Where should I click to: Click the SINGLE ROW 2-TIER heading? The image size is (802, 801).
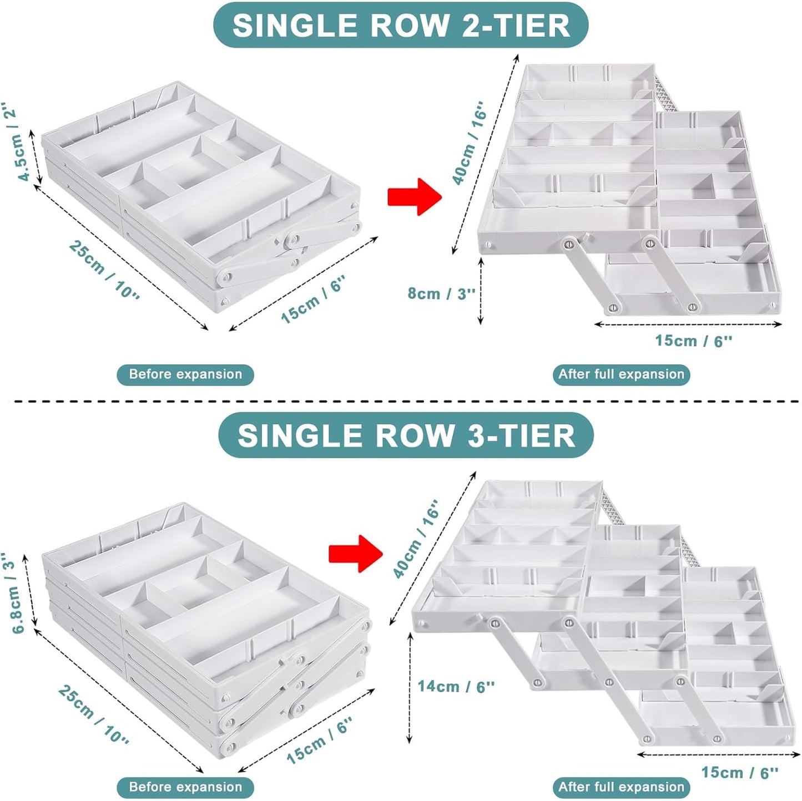pyautogui.click(x=401, y=26)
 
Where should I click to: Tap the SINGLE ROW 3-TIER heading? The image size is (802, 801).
pyautogui.click(x=406, y=435)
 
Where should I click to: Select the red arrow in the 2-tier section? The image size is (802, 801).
pyautogui.click(x=414, y=196)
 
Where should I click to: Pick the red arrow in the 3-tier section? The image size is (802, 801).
pyautogui.click(x=355, y=553)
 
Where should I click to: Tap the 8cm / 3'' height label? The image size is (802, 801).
pyautogui.click(x=441, y=293)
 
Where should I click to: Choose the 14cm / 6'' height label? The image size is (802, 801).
pyautogui.click(x=456, y=686)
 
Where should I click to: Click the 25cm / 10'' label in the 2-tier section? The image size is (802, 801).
pyautogui.click(x=104, y=268)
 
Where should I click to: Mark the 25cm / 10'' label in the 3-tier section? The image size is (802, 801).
pyautogui.click(x=94, y=714)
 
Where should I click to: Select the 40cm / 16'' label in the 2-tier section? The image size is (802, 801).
pyautogui.click(x=468, y=143)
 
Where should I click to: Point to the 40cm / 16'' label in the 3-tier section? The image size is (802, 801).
pyautogui.click(x=416, y=538)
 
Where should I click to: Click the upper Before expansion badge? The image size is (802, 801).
pyautogui.click(x=185, y=374)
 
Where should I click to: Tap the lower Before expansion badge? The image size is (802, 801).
pyautogui.click(x=185, y=787)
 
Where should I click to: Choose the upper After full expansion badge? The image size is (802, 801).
pyautogui.click(x=621, y=374)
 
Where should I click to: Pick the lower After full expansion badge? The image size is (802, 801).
pyautogui.click(x=621, y=787)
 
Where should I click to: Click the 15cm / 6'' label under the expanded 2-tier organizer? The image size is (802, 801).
pyautogui.click(x=693, y=341)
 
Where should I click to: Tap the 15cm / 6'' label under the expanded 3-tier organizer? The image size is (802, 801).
pyautogui.click(x=739, y=772)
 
